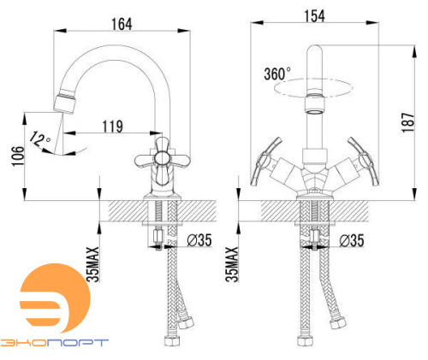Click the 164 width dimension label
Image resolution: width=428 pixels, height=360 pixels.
(x=122, y=24)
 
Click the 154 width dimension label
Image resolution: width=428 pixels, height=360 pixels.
(x=314, y=16)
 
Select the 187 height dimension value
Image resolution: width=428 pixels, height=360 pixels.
(x=408, y=122)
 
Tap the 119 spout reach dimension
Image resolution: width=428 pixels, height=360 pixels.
(x=113, y=127)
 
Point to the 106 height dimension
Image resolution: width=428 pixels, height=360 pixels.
(x=18, y=156)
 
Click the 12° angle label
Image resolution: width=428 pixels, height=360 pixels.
(x=39, y=139)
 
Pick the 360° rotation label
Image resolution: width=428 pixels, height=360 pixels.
(x=277, y=74)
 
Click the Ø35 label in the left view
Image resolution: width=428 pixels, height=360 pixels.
(x=199, y=240)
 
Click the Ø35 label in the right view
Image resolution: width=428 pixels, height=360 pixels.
(x=352, y=240)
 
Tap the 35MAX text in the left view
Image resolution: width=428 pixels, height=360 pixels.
(x=93, y=264)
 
